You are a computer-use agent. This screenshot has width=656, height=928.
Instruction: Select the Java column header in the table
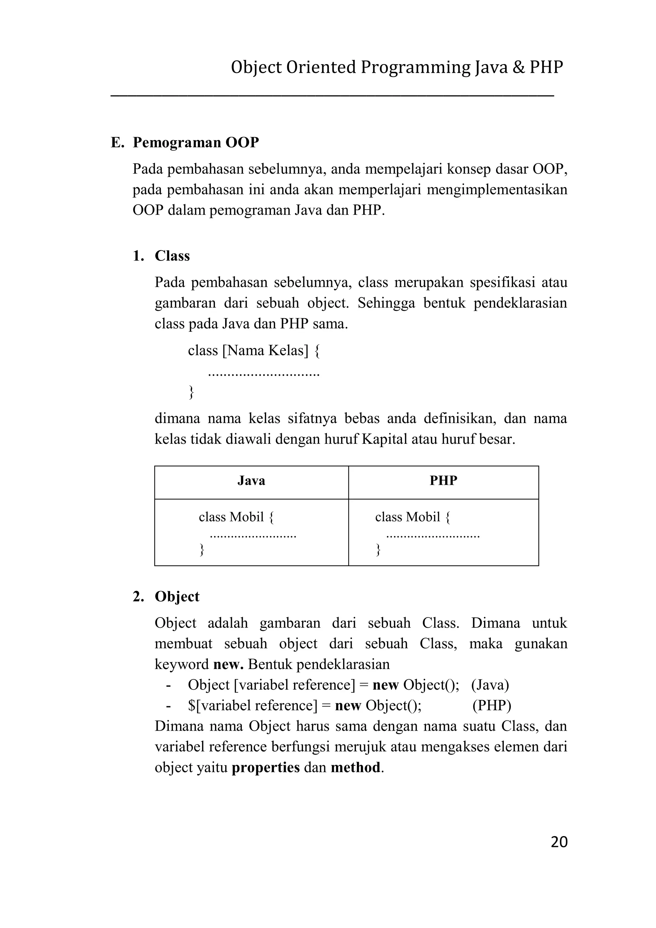click(251, 481)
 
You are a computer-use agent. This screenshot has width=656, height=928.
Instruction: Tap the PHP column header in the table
click(443, 481)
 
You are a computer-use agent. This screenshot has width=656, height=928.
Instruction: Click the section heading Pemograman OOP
click(195, 143)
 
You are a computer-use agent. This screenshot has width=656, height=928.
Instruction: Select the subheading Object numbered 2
click(177, 597)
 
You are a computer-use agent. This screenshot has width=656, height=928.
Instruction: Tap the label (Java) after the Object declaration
click(490, 685)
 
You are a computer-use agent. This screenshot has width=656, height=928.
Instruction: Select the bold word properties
click(266, 767)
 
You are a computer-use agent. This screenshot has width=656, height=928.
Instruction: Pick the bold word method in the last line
click(356, 767)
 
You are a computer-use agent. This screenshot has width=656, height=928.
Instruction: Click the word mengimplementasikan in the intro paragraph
click(497, 190)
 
